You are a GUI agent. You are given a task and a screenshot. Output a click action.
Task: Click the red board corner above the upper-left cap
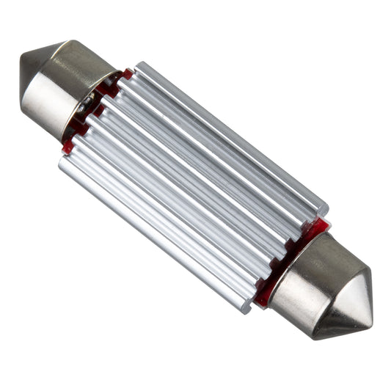click(x=126, y=74)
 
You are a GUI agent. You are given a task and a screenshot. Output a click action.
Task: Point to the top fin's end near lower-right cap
click(x=323, y=208)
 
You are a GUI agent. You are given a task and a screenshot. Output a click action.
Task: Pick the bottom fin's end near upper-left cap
click(x=63, y=162)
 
